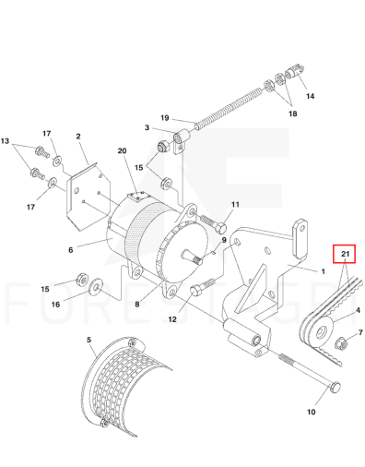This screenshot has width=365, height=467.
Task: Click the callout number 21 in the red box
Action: click(x=346, y=254)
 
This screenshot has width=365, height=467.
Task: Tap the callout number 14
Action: click(x=310, y=96)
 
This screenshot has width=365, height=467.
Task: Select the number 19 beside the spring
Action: click(x=165, y=118)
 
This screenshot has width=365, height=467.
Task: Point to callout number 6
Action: click(x=71, y=249)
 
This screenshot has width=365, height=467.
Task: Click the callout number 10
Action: click(x=311, y=412)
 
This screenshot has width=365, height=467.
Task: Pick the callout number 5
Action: click(x=88, y=340)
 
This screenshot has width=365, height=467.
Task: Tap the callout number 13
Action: click(x=5, y=141)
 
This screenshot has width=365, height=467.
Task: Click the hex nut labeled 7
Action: click(x=342, y=341)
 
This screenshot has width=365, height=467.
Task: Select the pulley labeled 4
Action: click(x=316, y=332)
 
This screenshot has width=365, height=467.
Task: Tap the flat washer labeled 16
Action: click(x=95, y=287)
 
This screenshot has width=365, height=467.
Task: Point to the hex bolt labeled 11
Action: click(x=215, y=224)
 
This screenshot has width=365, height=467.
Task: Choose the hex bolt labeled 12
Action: click(x=202, y=287)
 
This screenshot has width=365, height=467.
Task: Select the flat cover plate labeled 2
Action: click(x=88, y=197)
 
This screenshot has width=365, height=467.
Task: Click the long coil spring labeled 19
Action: click(x=229, y=107)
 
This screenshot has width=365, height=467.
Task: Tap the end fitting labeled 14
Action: click(x=294, y=72)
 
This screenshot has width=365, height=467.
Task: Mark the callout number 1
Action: click(x=323, y=271)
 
